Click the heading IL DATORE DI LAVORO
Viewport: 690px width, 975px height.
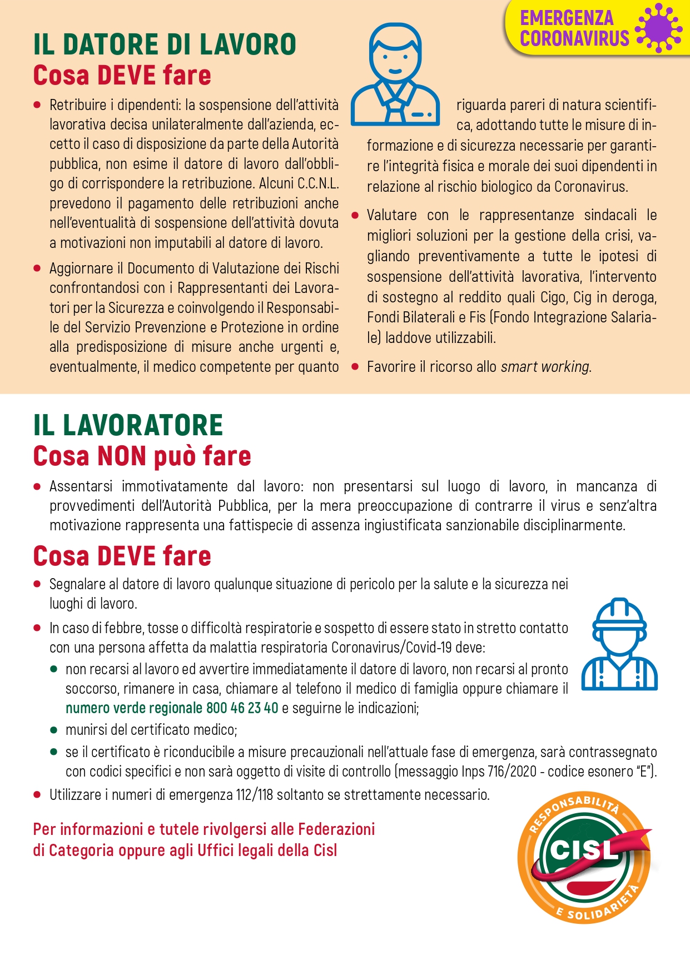click(x=165, y=45)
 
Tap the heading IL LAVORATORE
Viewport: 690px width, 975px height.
click(x=128, y=426)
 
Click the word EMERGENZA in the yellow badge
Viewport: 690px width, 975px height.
click(x=567, y=18)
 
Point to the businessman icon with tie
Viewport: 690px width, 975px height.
click(x=395, y=74)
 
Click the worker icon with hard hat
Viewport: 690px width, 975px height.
click(x=619, y=644)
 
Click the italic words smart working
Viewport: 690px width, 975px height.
click(x=545, y=367)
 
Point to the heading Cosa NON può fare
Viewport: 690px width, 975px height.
click(x=142, y=456)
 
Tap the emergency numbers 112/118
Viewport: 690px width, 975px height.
click(x=254, y=795)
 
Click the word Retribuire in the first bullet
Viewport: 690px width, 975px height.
click(x=78, y=105)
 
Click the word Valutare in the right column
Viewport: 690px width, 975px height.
click(x=391, y=215)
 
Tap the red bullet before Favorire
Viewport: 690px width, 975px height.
click(x=355, y=367)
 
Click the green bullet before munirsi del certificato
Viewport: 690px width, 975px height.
click(x=54, y=730)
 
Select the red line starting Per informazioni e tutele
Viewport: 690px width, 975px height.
click(x=204, y=829)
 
